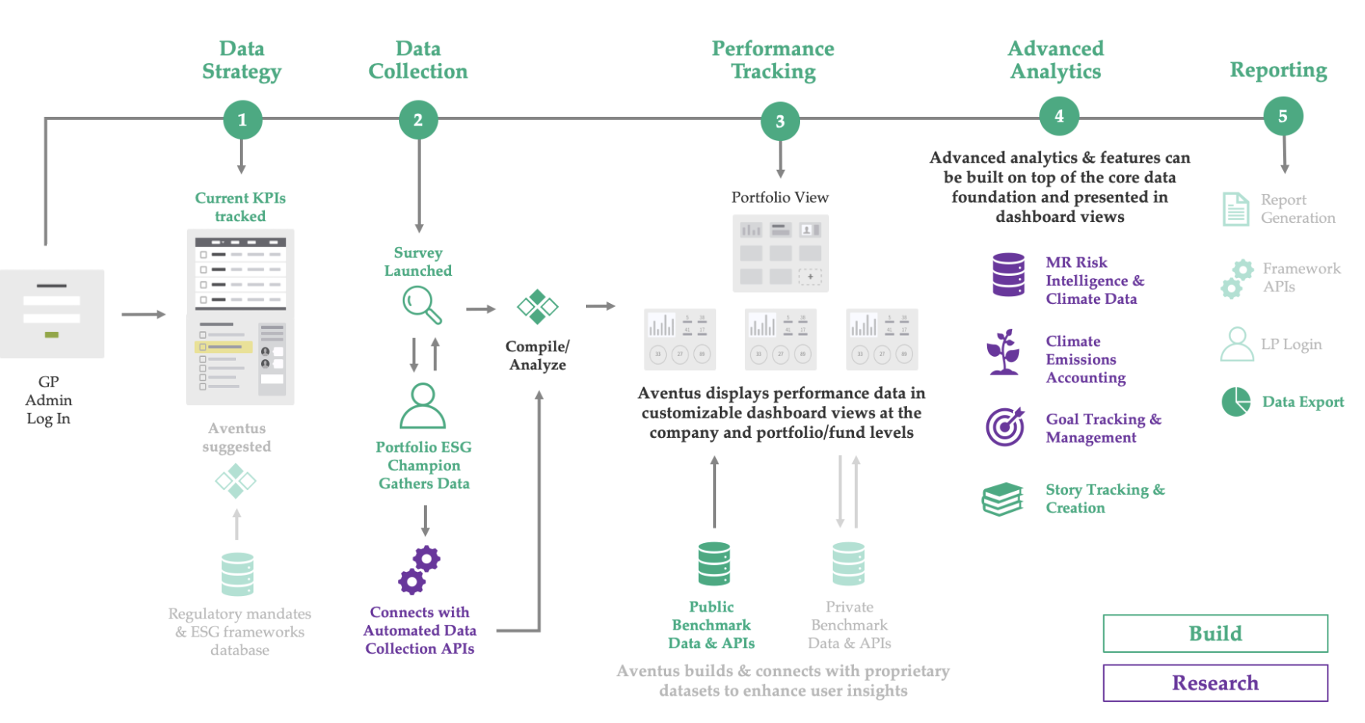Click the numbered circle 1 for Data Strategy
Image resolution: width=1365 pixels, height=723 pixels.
click(x=242, y=120)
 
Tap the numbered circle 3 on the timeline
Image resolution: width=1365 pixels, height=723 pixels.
click(x=780, y=121)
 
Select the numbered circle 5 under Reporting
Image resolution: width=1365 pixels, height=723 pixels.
click(x=1282, y=117)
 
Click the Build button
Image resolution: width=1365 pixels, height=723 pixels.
click(x=1215, y=633)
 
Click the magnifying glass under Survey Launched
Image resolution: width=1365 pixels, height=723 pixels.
click(x=421, y=305)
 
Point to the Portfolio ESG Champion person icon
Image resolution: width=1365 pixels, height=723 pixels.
click(x=422, y=406)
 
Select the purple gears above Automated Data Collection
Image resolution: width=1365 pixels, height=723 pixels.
click(x=419, y=570)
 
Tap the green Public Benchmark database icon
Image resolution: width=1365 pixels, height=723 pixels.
click(x=714, y=564)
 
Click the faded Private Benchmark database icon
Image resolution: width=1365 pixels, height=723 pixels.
click(x=848, y=564)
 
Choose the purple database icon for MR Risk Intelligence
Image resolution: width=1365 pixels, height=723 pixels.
click(x=1008, y=274)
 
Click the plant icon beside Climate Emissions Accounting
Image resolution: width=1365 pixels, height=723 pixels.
click(x=1003, y=352)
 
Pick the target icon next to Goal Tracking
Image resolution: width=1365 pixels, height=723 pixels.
click(x=1005, y=426)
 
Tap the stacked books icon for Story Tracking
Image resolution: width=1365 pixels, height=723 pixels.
click(x=1003, y=499)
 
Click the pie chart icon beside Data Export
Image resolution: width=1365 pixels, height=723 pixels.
click(x=1236, y=402)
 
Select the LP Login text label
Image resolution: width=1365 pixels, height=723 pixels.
click(x=1291, y=344)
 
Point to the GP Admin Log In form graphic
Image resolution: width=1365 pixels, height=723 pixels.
click(x=51, y=313)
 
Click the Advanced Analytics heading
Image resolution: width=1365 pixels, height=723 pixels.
click(x=1055, y=60)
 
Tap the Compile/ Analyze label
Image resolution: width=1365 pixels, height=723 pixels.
click(x=537, y=355)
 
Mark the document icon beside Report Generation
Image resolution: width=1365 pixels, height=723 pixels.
click(x=1236, y=209)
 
